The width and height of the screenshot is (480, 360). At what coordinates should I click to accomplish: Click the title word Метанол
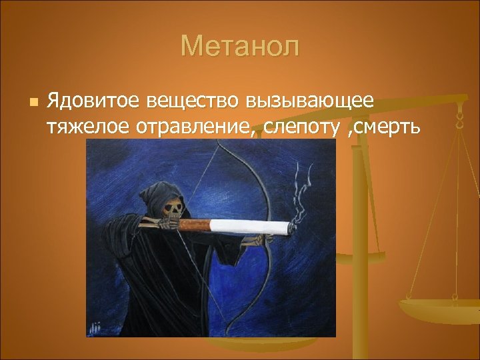240,47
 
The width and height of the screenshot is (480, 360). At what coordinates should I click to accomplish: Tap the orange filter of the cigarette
194,225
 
